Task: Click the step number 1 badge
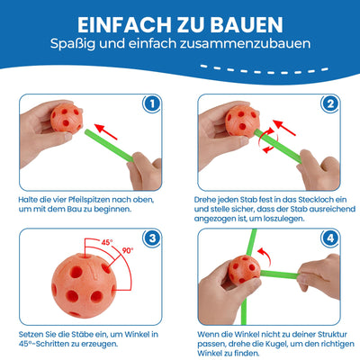(x=152, y=103)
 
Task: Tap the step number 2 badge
(x=330, y=103)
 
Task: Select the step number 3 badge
(x=152, y=238)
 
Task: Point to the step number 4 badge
(x=330, y=238)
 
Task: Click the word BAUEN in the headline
(x=247, y=24)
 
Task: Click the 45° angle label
(x=106, y=242)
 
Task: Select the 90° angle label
(x=128, y=250)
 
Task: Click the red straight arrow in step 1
(x=105, y=131)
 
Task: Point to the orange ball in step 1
(x=67, y=117)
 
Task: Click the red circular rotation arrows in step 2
(x=269, y=139)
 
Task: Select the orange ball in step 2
(x=242, y=121)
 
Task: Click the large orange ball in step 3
(x=84, y=285)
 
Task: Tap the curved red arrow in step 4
(x=265, y=256)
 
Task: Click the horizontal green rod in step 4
(x=280, y=274)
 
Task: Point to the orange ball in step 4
(x=244, y=270)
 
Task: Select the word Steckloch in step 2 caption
(x=314, y=200)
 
